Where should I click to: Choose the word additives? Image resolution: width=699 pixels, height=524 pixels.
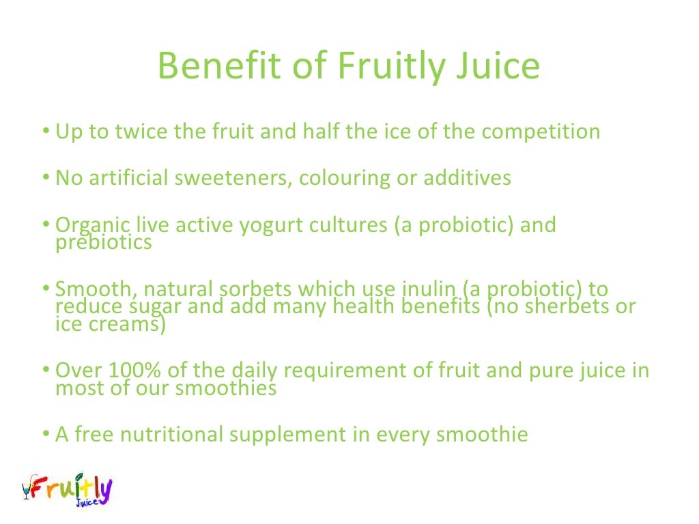467,178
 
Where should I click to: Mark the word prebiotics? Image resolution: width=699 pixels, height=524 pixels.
103,242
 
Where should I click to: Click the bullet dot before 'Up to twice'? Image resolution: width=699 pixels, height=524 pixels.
45,131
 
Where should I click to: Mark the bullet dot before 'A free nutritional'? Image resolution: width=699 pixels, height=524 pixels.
45,435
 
